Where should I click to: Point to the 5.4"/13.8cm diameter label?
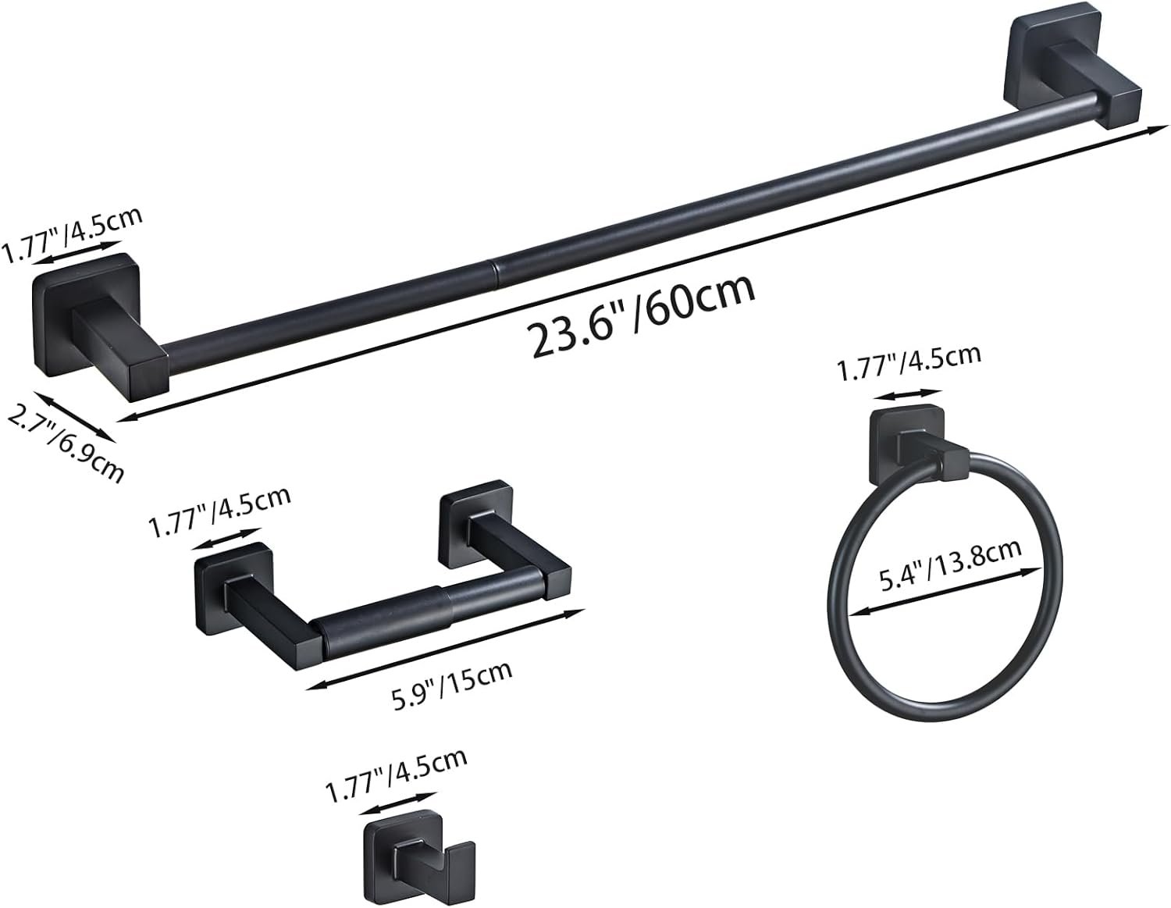click(950, 566)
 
